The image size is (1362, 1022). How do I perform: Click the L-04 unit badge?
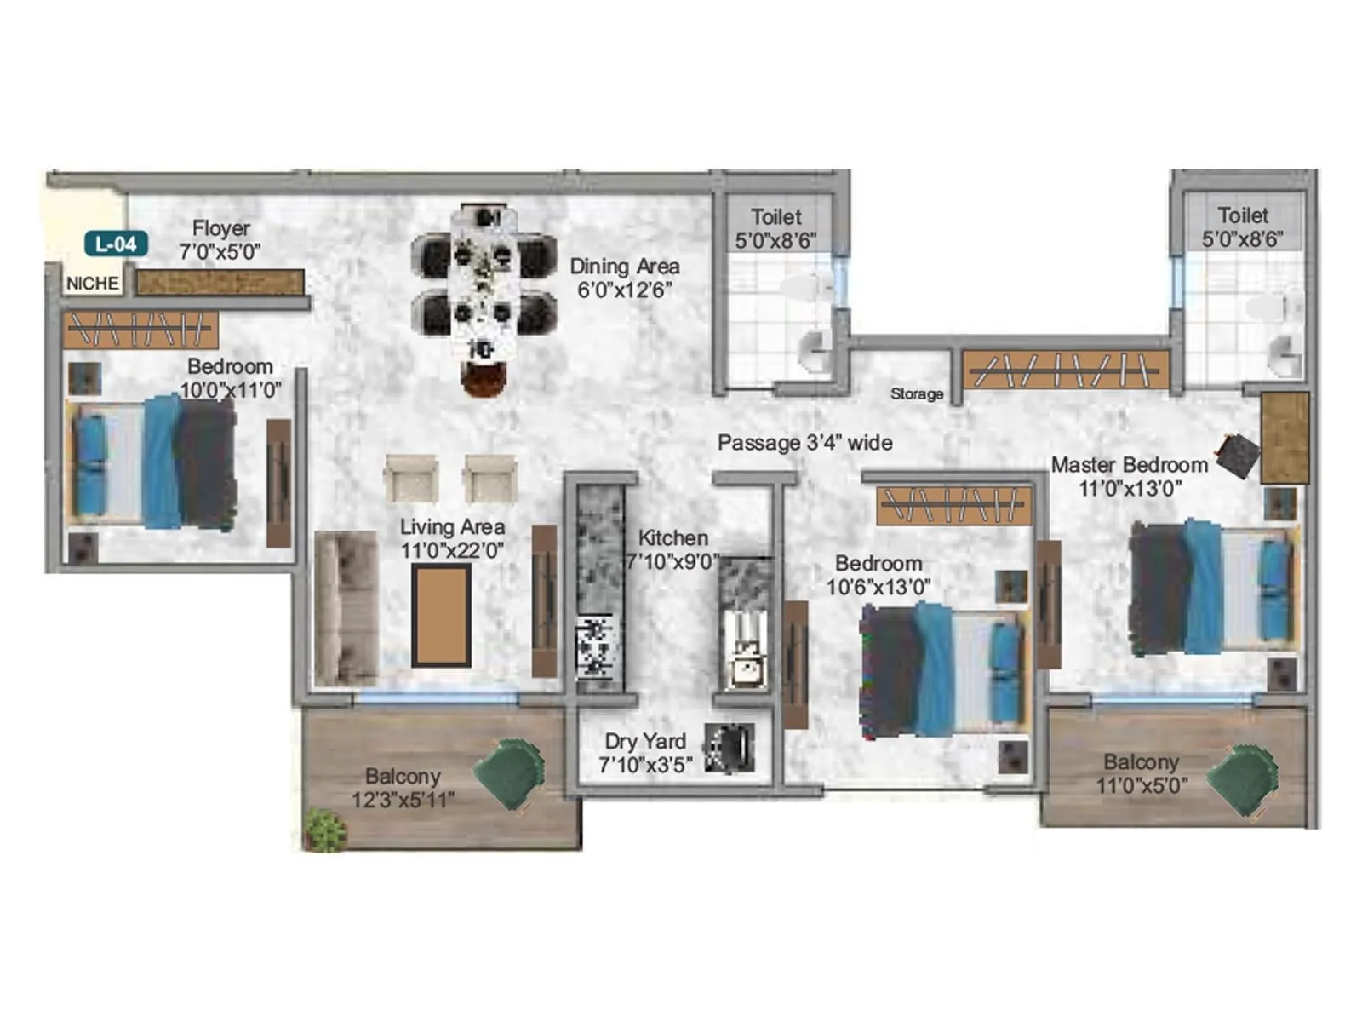[116, 244]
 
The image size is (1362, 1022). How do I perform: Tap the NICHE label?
[92, 284]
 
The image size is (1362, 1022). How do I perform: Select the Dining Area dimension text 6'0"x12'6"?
[625, 290]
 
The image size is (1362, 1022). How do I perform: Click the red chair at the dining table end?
[484, 377]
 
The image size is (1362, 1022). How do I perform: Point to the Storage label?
[916, 394]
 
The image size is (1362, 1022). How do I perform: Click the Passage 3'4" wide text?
[804, 443]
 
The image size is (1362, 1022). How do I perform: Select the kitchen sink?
[747, 661]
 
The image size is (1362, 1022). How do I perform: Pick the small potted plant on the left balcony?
[325, 830]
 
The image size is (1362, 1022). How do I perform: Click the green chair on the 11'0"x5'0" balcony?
[1243, 777]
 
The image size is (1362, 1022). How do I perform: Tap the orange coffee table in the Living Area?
[441, 615]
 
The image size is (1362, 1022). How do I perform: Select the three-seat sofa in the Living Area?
[346, 608]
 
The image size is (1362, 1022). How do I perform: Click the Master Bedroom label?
[1129, 465]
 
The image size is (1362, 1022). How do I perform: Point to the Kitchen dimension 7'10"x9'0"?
[672, 562]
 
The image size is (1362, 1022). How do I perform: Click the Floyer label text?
[220, 228]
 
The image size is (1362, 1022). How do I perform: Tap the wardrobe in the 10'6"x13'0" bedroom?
[953, 506]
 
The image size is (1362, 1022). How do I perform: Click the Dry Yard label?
[644, 741]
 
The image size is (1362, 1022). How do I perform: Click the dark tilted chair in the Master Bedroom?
[1237, 456]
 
